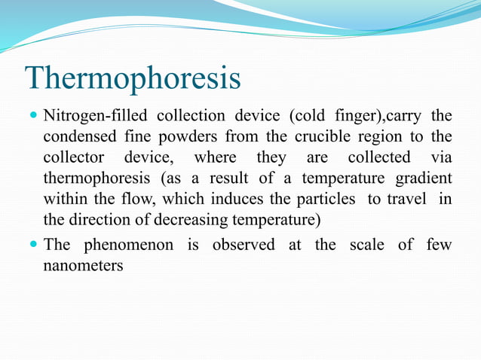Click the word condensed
coord(75,138)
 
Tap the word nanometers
coord(83,266)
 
